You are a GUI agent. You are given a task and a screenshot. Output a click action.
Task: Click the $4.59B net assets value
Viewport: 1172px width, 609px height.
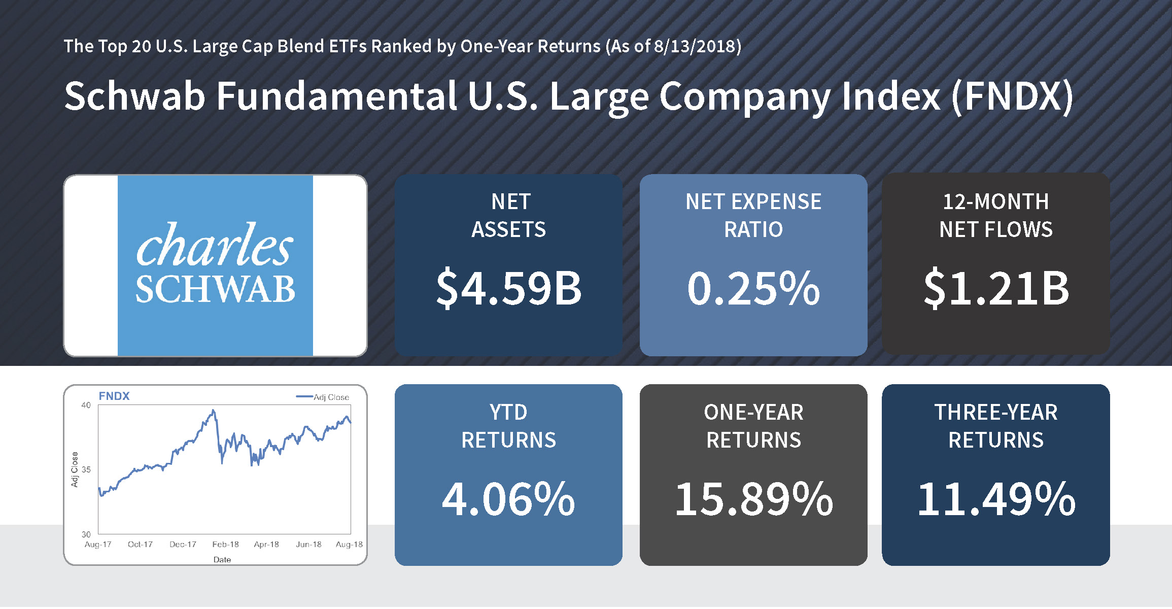pos(509,289)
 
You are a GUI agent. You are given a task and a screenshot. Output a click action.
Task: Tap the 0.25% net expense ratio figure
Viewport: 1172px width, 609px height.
pos(753,289)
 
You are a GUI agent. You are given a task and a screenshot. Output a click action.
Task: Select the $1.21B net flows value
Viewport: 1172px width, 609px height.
pos(996,289)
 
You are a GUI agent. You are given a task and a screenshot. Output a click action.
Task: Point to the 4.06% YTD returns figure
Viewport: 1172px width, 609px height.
pos(508,499)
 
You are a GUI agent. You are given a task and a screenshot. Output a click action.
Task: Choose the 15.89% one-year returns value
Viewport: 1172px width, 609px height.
pos(753,499)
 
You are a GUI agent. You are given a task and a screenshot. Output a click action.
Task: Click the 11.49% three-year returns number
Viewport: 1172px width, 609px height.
pos(996,499)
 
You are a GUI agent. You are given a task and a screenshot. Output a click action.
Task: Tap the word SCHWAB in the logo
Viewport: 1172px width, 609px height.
pos(215,289)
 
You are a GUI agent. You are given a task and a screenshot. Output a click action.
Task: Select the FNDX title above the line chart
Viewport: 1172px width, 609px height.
pos(114,396)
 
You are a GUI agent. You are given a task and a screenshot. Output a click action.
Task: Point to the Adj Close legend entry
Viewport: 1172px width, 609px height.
pos(330,397)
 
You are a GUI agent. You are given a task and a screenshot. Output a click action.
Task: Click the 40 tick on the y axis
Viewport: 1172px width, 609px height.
pos(86,405)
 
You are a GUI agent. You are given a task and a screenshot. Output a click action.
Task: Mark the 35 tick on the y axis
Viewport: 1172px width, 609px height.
pos(86,469)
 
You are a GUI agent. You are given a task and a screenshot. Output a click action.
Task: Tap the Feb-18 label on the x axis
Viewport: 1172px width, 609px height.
pos(225,545)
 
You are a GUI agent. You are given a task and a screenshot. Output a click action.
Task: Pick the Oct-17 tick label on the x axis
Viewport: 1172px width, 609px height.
pos(140,545)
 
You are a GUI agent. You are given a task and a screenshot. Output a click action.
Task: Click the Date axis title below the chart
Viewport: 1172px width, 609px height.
pos(222,560)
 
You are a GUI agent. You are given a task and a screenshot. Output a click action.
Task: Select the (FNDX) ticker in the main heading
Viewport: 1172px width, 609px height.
pos(1012,96)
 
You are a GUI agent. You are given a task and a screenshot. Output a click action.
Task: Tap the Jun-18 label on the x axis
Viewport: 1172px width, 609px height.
pos(308,545)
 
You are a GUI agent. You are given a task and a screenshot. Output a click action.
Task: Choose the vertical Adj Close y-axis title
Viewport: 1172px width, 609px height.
pos(75,469)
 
